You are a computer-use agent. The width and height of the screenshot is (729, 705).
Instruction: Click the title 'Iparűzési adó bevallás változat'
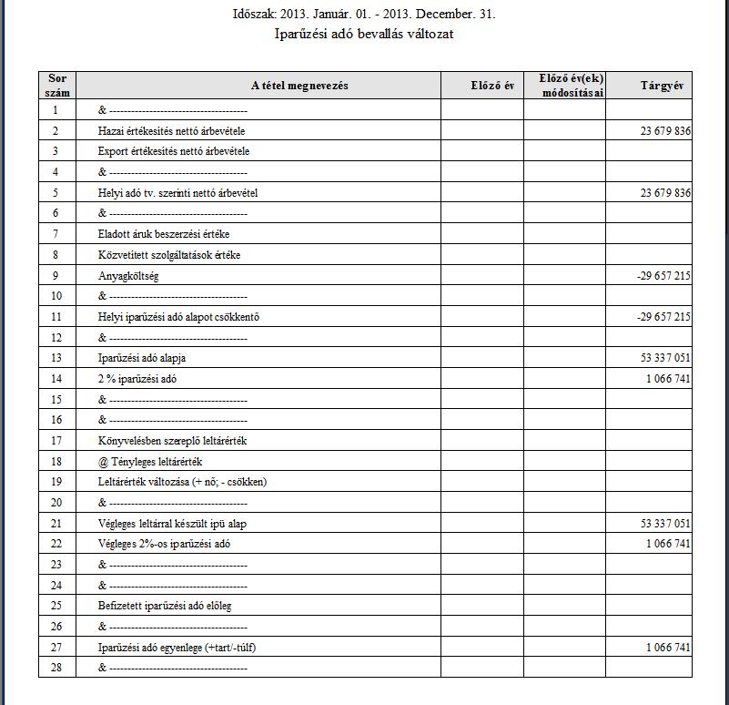point(364,35)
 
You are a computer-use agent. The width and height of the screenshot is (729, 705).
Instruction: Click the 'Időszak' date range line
point(364,15)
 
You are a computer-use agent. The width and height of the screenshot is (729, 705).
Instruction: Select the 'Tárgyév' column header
point(648,86)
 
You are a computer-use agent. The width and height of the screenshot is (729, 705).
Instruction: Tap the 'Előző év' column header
point(482,86)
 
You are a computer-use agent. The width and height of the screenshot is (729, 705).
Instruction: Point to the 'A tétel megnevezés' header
point(299,86)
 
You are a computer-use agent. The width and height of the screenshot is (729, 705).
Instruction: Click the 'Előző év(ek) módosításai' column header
point(564,86)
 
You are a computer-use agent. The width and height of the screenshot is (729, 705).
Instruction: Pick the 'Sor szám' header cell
point(56,86)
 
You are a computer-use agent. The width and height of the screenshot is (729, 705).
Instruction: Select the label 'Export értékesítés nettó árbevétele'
point(174,151)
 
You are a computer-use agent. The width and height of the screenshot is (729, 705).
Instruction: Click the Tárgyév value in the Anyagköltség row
point(664,276)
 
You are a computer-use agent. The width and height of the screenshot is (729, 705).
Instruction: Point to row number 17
point(56,441)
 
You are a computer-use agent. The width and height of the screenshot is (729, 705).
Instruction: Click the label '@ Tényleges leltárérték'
point(149,462)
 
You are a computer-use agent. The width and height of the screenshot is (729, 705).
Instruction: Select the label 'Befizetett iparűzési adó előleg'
point(165,606)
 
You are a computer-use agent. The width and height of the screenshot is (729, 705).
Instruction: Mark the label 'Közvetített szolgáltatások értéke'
point(169,255)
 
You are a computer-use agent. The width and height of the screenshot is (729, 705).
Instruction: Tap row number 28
point(56,668)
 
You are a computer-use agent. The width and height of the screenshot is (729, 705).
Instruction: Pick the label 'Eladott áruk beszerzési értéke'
point(164,234)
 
